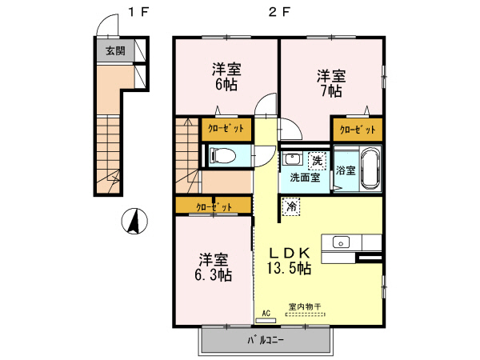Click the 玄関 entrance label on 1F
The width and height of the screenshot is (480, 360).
coord(115,50)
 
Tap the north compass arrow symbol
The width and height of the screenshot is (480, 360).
coord(134,221)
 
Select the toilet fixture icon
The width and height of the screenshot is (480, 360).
coord(222,156)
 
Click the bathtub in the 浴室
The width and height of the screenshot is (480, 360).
coord(371,168)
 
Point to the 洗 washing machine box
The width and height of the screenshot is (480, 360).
coord(317,160)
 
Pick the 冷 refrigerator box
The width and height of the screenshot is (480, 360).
coord(291,206)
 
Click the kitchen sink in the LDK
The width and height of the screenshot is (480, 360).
coord(342,242)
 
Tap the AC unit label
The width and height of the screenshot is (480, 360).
coord(266,314)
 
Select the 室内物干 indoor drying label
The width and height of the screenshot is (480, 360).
coord(305,306)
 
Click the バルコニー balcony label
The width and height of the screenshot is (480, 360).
coord(266,341)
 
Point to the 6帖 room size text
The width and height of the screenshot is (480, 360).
coord(226,85)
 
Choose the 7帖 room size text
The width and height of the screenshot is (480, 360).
coord(331,90)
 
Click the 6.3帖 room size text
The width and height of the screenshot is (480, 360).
coord(214,275)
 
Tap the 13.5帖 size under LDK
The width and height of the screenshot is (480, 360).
coord(290,268)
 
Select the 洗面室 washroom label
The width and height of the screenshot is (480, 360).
coord(305,178)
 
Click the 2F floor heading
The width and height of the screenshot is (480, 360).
coord(279,12)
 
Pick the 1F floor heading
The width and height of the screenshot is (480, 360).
coord(138,12)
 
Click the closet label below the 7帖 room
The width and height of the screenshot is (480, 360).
coord(358,130)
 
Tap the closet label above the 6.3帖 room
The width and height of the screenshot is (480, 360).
coord(214,207)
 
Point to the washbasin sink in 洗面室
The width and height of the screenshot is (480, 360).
coord(291,159)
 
